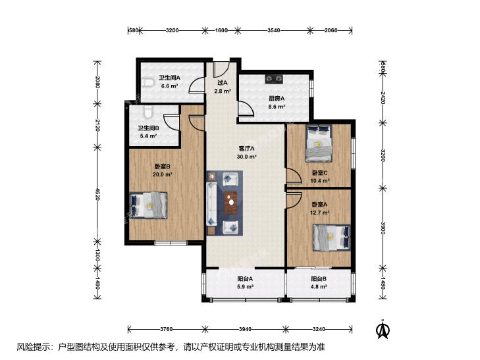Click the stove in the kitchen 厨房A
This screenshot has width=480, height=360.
(x=274, y=79)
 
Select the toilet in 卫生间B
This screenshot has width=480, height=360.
(x=147, y=112)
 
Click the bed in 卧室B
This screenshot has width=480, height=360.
(x=149, y=205)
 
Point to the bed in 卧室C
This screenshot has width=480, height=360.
(x=319, y=143)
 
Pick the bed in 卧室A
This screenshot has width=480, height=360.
(x=332, y=238)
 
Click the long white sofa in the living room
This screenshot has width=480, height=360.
(x=211, y=203)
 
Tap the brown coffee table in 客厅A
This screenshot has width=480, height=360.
(x=230, y=202)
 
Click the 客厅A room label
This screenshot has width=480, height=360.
(x=247, y=149)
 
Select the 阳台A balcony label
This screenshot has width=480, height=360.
(x=245, y=279)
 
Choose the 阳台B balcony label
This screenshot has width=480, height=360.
(x=319, y=279)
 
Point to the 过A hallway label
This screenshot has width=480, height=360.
(x=223, y=82)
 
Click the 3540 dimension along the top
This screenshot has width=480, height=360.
(x=274, y=30)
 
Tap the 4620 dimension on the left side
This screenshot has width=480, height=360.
(x=97, y=194)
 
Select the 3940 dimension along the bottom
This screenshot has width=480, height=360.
(x=245, y=330)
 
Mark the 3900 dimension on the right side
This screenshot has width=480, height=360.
(x=383, y=228)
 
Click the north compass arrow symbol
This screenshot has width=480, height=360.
(x=383, y=329)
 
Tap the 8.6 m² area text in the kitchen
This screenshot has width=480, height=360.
(x=277, y=107)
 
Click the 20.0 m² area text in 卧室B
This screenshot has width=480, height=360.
(x=163, y=174)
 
